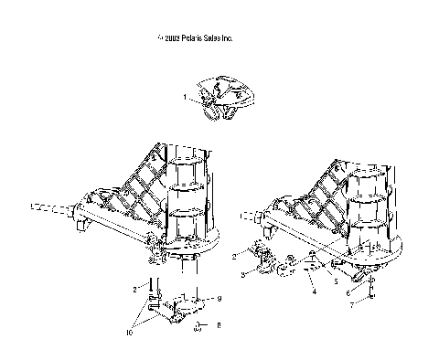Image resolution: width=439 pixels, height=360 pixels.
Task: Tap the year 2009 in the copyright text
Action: click(171, 39)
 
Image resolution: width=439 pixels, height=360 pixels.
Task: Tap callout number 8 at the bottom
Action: click(218, 324)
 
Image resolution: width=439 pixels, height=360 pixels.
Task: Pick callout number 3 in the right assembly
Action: click(242, 275)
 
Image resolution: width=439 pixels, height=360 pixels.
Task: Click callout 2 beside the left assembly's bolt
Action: click(135, 289)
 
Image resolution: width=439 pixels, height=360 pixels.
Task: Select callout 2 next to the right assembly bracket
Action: click(234, 258)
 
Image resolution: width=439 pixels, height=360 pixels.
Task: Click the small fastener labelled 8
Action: click(198, 326)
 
